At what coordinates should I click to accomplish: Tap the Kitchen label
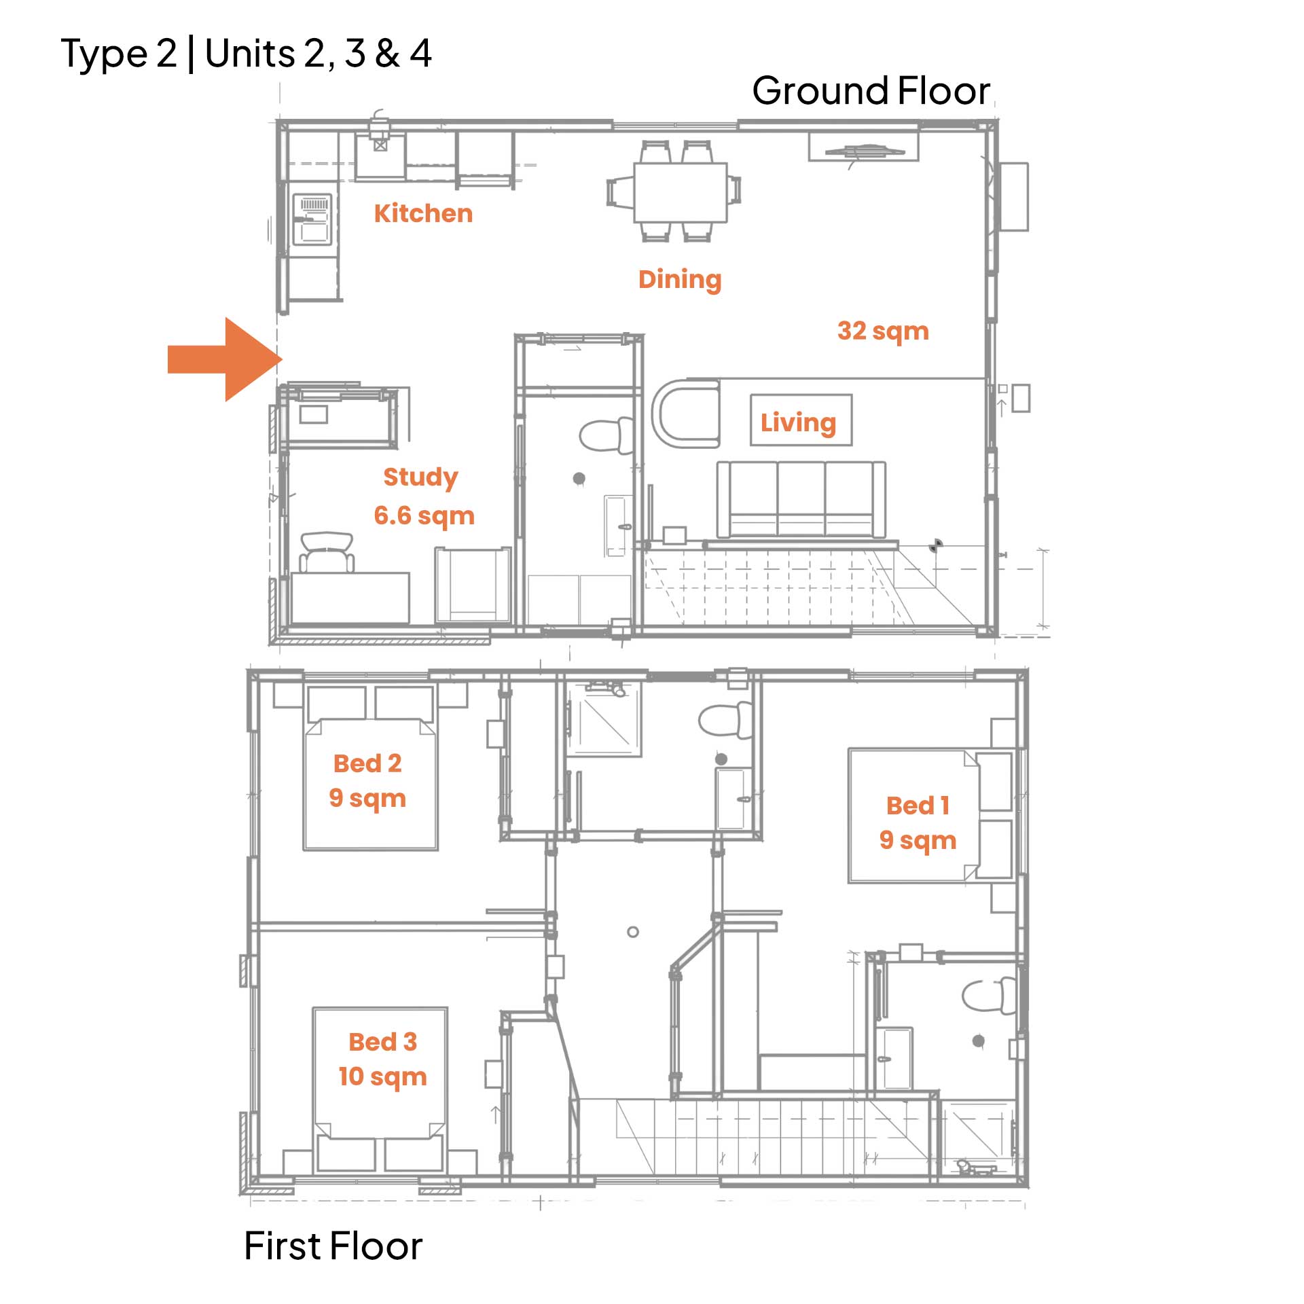(x=423, y=213)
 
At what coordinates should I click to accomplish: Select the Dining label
(x=680, y=280)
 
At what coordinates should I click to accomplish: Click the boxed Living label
(x=801, y=420)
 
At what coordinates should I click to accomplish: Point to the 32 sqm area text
(x=883, y=331)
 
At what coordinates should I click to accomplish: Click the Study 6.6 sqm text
(x=423, y=496)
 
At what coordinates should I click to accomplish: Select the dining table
(x=681, y=192)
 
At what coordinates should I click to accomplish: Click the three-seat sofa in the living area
(x=801, y=499)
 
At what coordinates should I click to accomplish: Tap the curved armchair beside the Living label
(x=685, y=414)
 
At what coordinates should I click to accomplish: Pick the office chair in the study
(x=327, y=552)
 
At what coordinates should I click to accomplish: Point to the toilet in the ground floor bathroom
(x=605, y=435)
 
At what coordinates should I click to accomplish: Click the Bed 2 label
(x=367, y=763)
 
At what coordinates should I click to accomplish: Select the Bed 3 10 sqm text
(x=383, y=1059)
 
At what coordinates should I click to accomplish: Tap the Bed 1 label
(x=918, y=805)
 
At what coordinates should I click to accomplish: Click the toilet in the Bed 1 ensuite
(x=989, y=996)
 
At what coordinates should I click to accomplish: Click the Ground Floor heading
(x=871, y=91)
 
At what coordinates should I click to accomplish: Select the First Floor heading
(x=333, y=1246)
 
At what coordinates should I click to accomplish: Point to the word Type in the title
(x=104, y=54)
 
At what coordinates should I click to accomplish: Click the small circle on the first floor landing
(x=633, y=932)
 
